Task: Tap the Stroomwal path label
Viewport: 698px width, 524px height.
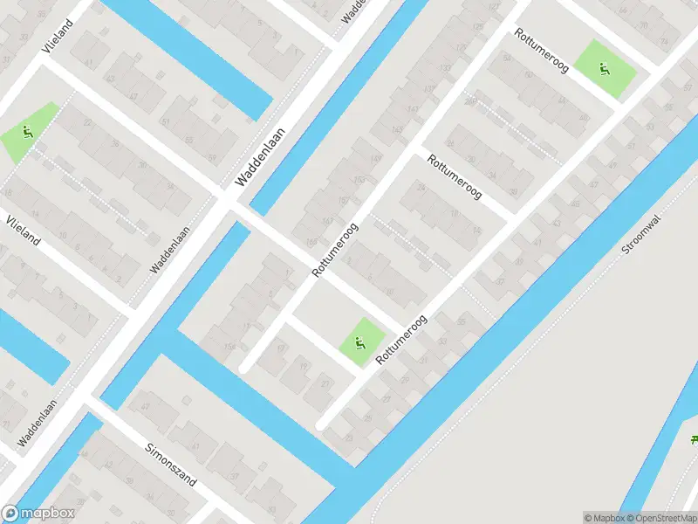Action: [641, 236]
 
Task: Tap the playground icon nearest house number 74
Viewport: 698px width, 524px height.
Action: [604, 68]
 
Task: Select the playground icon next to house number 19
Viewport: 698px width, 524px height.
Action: [359, 341]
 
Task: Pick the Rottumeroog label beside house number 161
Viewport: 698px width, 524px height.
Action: [336, 249]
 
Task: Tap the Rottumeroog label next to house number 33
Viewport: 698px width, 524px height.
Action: [401, 341]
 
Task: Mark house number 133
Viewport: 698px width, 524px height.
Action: [445, 68]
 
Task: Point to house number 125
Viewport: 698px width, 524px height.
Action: [477, 28]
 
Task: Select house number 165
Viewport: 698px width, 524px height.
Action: [311, 243]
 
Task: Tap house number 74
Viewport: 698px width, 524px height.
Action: [665, 41]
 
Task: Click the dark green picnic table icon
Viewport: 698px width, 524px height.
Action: [694, 439]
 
